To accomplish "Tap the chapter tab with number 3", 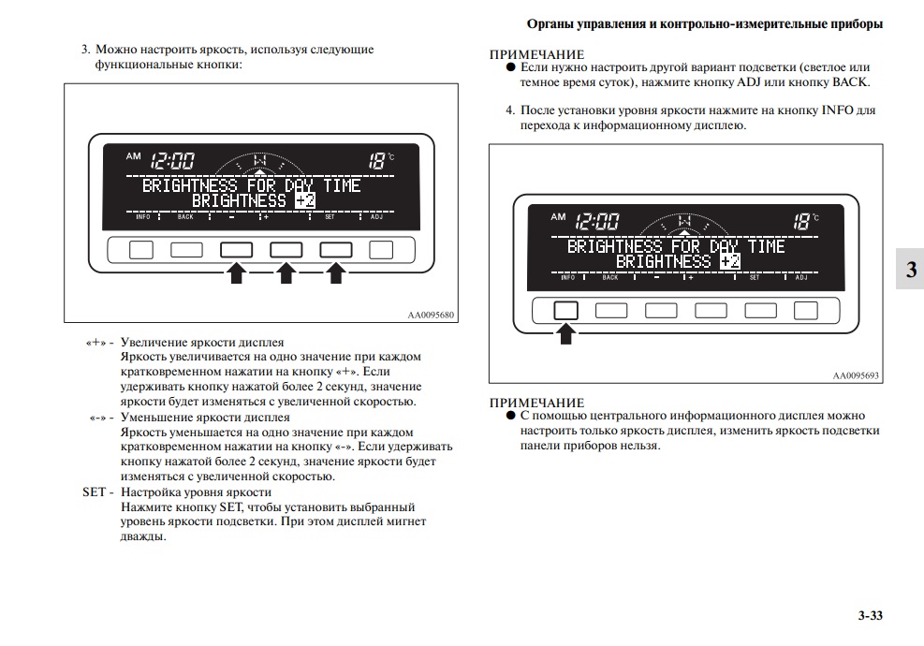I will [910, 270].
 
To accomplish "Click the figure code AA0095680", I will [431, 315].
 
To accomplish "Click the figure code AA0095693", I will [857, 375].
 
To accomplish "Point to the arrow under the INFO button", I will [565, 332].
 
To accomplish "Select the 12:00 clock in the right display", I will [596, 222].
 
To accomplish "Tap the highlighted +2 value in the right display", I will [730, 261].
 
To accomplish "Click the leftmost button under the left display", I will [140, 249].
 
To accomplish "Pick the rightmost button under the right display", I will [805, 311].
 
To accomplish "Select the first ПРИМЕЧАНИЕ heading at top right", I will [536, 55].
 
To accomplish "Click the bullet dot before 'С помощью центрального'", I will [511, 415].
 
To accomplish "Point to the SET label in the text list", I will [97, 492].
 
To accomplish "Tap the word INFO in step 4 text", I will [837, 110].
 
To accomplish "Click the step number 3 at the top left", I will [85, 49].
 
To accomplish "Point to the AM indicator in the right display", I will [558, 217].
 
